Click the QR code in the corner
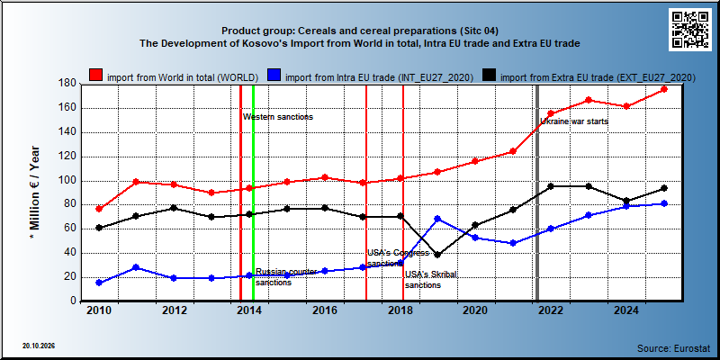tap(689, 29)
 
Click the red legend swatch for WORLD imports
tap(96, 76)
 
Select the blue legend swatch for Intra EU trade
tap(274, 76)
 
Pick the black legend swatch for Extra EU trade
tap(489, 76)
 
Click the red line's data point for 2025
tap(664, 89)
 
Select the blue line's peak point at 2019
tap(437, 219)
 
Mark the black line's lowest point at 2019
tap(437, 255)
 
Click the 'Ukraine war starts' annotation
tap(574, 121)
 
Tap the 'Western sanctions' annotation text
tap(278, 117)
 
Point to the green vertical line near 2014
tap(253, 193)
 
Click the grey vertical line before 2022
tap(537, 193)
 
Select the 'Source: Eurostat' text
tap(673, 347)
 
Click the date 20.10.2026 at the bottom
tap(38, 346)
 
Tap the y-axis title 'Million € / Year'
tap(34, 193)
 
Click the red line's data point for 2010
tap(99, 209)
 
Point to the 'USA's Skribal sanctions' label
tap(431, 280)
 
